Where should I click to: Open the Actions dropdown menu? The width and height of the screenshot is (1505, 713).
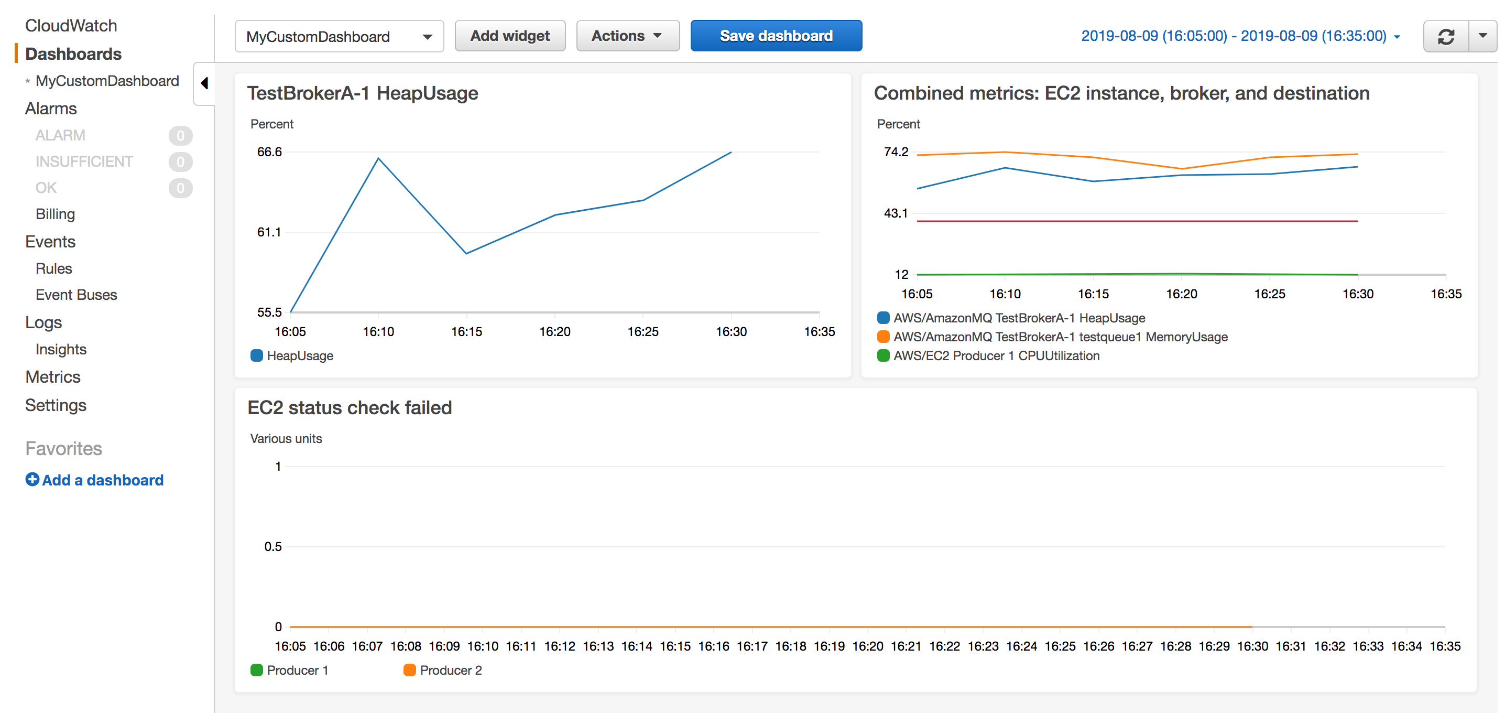627,36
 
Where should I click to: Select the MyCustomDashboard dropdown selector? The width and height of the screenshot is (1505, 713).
339,36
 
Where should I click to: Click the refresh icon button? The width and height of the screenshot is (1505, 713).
1445,36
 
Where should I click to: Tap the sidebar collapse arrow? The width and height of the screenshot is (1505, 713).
204,83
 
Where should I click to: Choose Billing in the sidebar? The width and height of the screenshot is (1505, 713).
55,214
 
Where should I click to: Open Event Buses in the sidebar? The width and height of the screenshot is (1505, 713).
76,295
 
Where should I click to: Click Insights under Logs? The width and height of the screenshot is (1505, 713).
61,349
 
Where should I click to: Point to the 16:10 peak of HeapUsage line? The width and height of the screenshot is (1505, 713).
378,158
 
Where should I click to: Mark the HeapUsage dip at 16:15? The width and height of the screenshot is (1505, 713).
466,253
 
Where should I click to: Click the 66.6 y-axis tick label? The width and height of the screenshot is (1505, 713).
269,152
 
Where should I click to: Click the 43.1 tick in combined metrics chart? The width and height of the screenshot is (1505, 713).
895,213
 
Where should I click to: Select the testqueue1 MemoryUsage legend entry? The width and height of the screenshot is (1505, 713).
1060,337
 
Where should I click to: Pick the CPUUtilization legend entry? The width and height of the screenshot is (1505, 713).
996,355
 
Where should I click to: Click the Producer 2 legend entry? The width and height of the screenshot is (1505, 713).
450,670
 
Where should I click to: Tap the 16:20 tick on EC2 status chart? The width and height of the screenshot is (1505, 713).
867,646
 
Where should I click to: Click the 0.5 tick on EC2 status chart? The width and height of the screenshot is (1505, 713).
273,546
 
